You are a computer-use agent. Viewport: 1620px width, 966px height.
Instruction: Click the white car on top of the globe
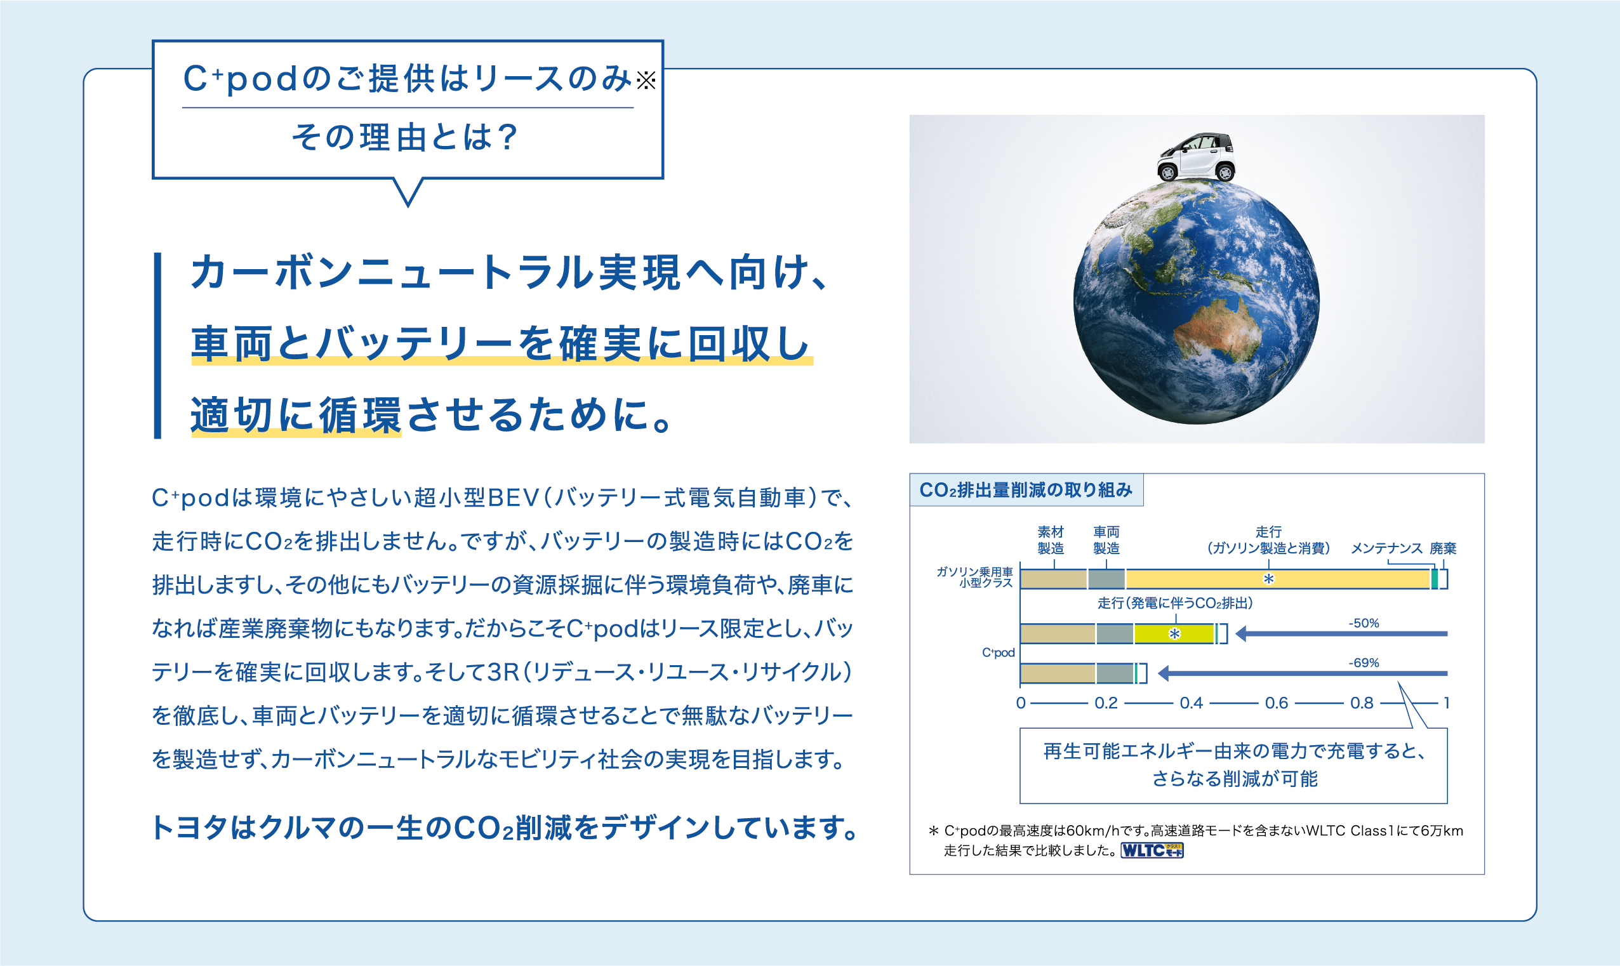pos(1197,156)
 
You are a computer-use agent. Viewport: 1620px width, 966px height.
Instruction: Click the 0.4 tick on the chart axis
pos(1191,703)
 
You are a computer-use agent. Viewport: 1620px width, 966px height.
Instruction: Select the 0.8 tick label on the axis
pos(1362,703)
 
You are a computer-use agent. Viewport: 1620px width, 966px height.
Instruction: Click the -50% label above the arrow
pos(1364,623)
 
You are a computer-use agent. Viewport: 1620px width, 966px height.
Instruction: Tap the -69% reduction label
pos(1364,663)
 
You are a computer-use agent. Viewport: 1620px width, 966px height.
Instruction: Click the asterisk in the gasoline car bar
pos(1268,579)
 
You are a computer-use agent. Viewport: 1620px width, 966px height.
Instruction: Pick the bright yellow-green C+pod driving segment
pos(1174,633)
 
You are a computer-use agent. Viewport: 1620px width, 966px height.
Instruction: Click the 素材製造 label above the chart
pos(1051,540)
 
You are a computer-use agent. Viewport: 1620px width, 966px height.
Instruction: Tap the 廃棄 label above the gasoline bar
pos(1443,548)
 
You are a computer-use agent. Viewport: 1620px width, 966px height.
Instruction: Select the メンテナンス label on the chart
pos(1386,548)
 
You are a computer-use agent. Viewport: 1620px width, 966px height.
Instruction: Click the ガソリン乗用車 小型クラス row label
pos(975,578)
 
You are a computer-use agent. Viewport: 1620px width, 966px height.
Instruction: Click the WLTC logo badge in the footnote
pos(1152,850)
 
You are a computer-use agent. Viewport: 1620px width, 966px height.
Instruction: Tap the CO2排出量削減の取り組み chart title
pos(1026,490)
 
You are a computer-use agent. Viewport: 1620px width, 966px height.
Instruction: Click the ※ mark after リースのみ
pos(646,81)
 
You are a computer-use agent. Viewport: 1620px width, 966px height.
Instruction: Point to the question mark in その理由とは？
pos(507,137)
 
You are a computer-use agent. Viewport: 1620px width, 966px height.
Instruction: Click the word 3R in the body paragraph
pos(503,672)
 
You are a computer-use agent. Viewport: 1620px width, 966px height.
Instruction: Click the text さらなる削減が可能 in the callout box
pos(1234,779)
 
